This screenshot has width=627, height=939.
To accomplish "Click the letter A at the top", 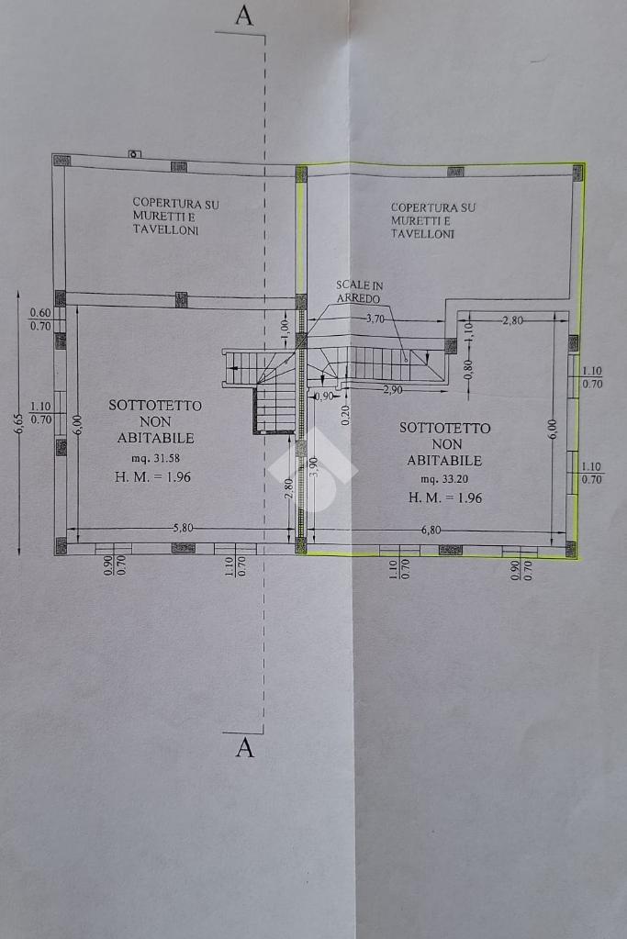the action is [243, 17].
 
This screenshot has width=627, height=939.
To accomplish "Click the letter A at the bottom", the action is [244, 748].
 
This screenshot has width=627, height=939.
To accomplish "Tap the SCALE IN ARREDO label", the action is [360, 292].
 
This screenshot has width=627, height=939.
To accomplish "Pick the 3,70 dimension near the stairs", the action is [375, 319].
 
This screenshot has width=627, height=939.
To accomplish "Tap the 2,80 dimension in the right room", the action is [511, 320].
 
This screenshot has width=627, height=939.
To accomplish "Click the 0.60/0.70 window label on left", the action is [40, 319].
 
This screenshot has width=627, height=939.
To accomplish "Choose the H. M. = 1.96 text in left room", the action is [152, 476].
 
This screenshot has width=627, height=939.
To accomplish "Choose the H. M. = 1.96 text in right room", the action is [445, 497].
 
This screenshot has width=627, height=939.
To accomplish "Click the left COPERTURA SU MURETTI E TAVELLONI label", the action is [175, 217].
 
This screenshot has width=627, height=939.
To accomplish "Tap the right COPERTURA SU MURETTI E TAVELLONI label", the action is [433, 220].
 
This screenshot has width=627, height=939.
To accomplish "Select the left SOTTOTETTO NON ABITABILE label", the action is [155, 420].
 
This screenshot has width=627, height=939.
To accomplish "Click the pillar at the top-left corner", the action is [62, 161].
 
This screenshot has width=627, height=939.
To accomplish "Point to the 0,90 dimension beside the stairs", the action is [324, 397].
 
